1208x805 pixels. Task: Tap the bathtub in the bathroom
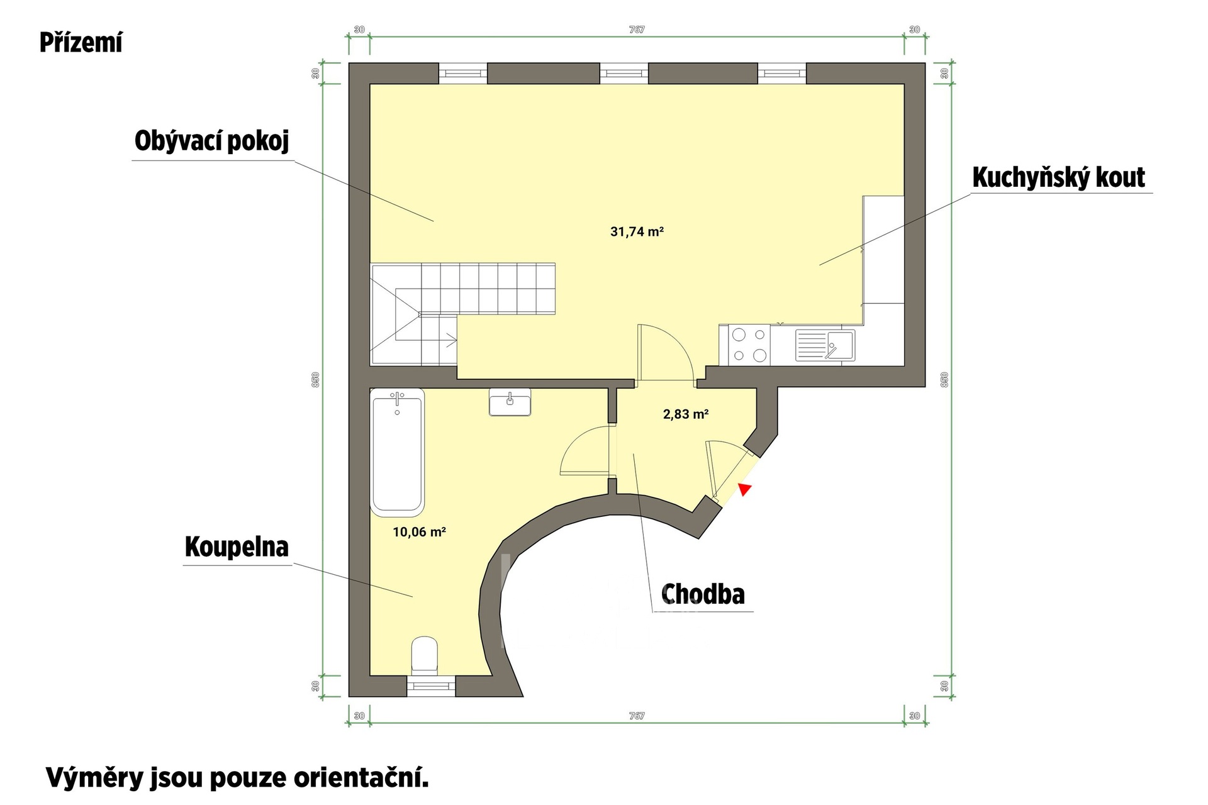pyautogui.click(x=397, y=450)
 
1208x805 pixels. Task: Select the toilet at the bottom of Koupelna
pyautogui.click(x=425, y=655)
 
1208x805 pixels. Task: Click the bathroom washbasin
pyautogui.click(x=510, y=402)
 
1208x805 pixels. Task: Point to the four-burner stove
pyautogui.click(x=750, y=345)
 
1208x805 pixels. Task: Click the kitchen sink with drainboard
pyautogui.click(x=825, y=345)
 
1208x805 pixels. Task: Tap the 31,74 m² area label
pyautogui.click(x=637, y=231)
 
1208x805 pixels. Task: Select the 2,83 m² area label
pyautogui.click(x=686, y=414)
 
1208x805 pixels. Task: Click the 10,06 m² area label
pyautogui.click(x=419, y=532)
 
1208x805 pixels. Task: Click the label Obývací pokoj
pyautogui.click(x=212, y=141)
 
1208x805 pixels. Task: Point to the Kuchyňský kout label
pyautogui.click(x=1059, y=177)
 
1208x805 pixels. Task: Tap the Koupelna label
pyautogui.click(x=237, y=547)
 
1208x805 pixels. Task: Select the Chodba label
pyautogui.click(x=703, y=594)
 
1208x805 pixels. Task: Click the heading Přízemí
pyautogui.click(x=81, y=43)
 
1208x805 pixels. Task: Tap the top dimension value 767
pyautogui.click(x=637, y=30)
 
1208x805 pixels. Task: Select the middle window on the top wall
pyautogui.click(x=624, y=74)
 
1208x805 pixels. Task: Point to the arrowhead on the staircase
pyautogui.click(x=452, y=340)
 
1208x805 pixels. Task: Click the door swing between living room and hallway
pyautogui.click(x=665, y=352)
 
